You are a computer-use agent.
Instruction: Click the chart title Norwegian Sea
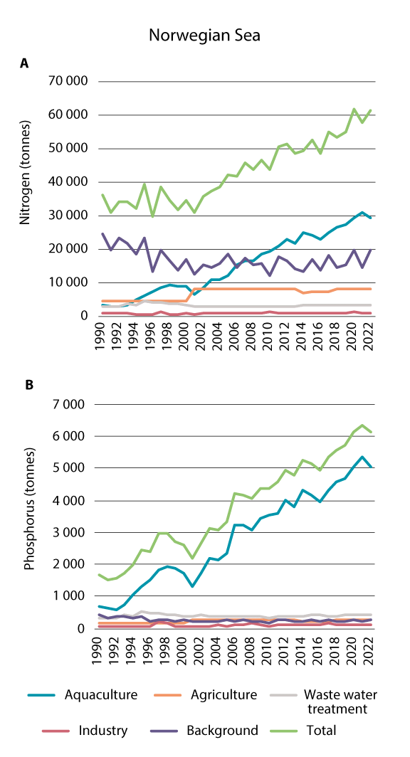pos(204,35)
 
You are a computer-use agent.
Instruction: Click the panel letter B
pos(29,385)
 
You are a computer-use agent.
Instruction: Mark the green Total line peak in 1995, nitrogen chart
pos(144,184)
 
